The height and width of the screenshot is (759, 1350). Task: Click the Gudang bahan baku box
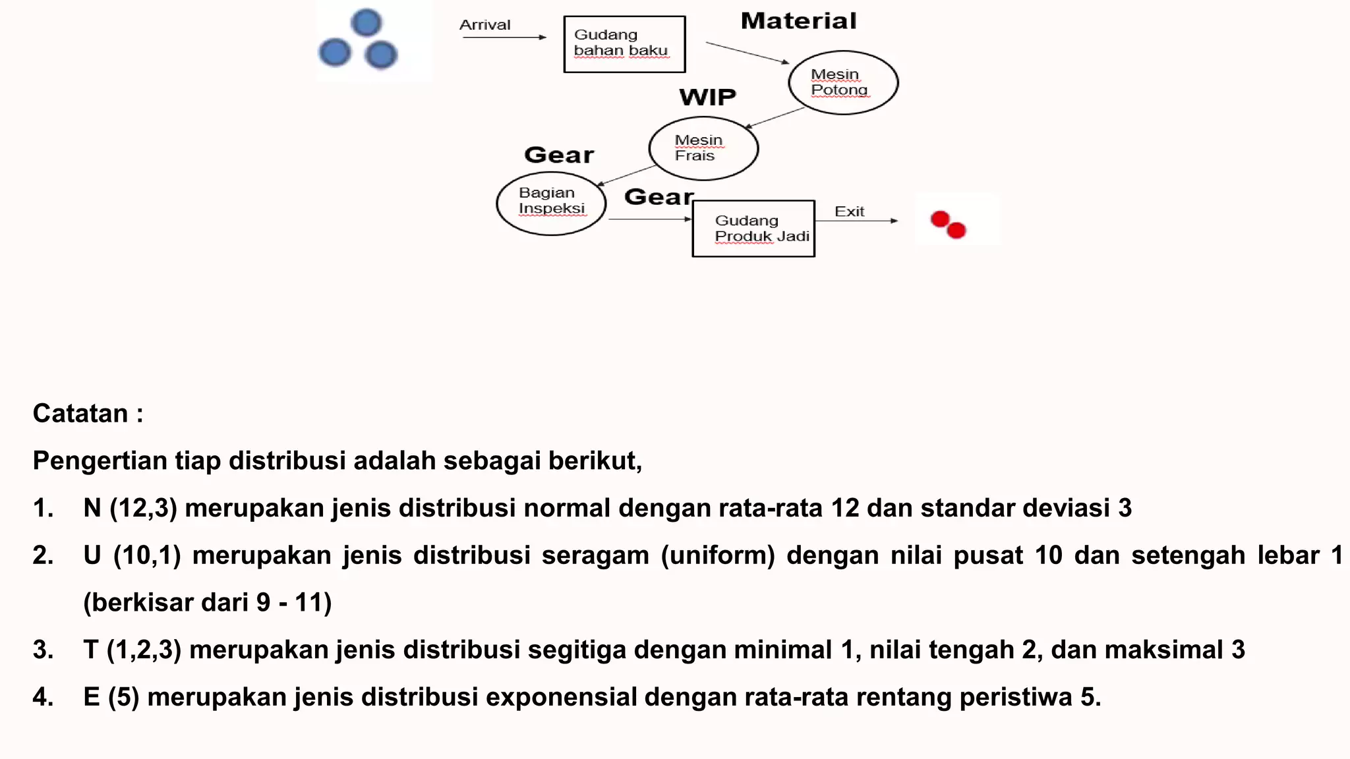[x=624, y=44]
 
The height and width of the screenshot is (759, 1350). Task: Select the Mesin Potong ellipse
[x=843, y=82]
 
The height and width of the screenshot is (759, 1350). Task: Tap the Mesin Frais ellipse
[x=703, y=148]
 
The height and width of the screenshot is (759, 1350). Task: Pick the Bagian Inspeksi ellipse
[x=551, y=203]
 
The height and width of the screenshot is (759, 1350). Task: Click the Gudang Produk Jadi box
[x=753, y=229]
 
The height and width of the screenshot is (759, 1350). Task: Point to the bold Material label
[x=798, y=21]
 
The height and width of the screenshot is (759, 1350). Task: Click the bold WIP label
[x=707, y=98]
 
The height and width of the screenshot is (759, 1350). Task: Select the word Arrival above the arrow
[x=484, y=25]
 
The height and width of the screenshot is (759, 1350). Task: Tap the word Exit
[x=849, y=211]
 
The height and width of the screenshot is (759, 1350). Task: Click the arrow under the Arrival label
[x=504, y=38]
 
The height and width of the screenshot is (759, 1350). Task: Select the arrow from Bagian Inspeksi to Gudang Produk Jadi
[x=649, y=219]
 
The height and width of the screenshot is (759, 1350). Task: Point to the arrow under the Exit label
[x=856, y=221]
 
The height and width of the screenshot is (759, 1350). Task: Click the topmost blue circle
[x=367, y=22]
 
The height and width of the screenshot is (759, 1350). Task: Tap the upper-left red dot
[x=940, y=219]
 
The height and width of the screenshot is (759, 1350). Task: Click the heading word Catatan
[x=80, y=414]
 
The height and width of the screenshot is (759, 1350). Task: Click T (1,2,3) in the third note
[x=132, y=650]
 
